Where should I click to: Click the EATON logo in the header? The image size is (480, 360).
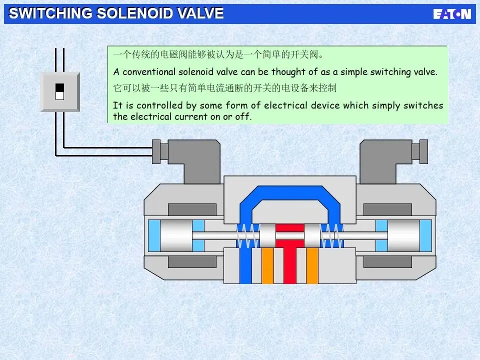[x=452, y=14]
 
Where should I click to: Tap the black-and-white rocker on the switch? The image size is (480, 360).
[x=60, y=91]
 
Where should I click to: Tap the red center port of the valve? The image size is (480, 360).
[x=290, y=260]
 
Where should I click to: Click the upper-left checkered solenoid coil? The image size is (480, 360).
[x=192, y=209]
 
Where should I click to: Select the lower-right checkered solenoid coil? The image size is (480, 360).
[x=387, y=261]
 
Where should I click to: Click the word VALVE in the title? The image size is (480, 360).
[x=199, y=13]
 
